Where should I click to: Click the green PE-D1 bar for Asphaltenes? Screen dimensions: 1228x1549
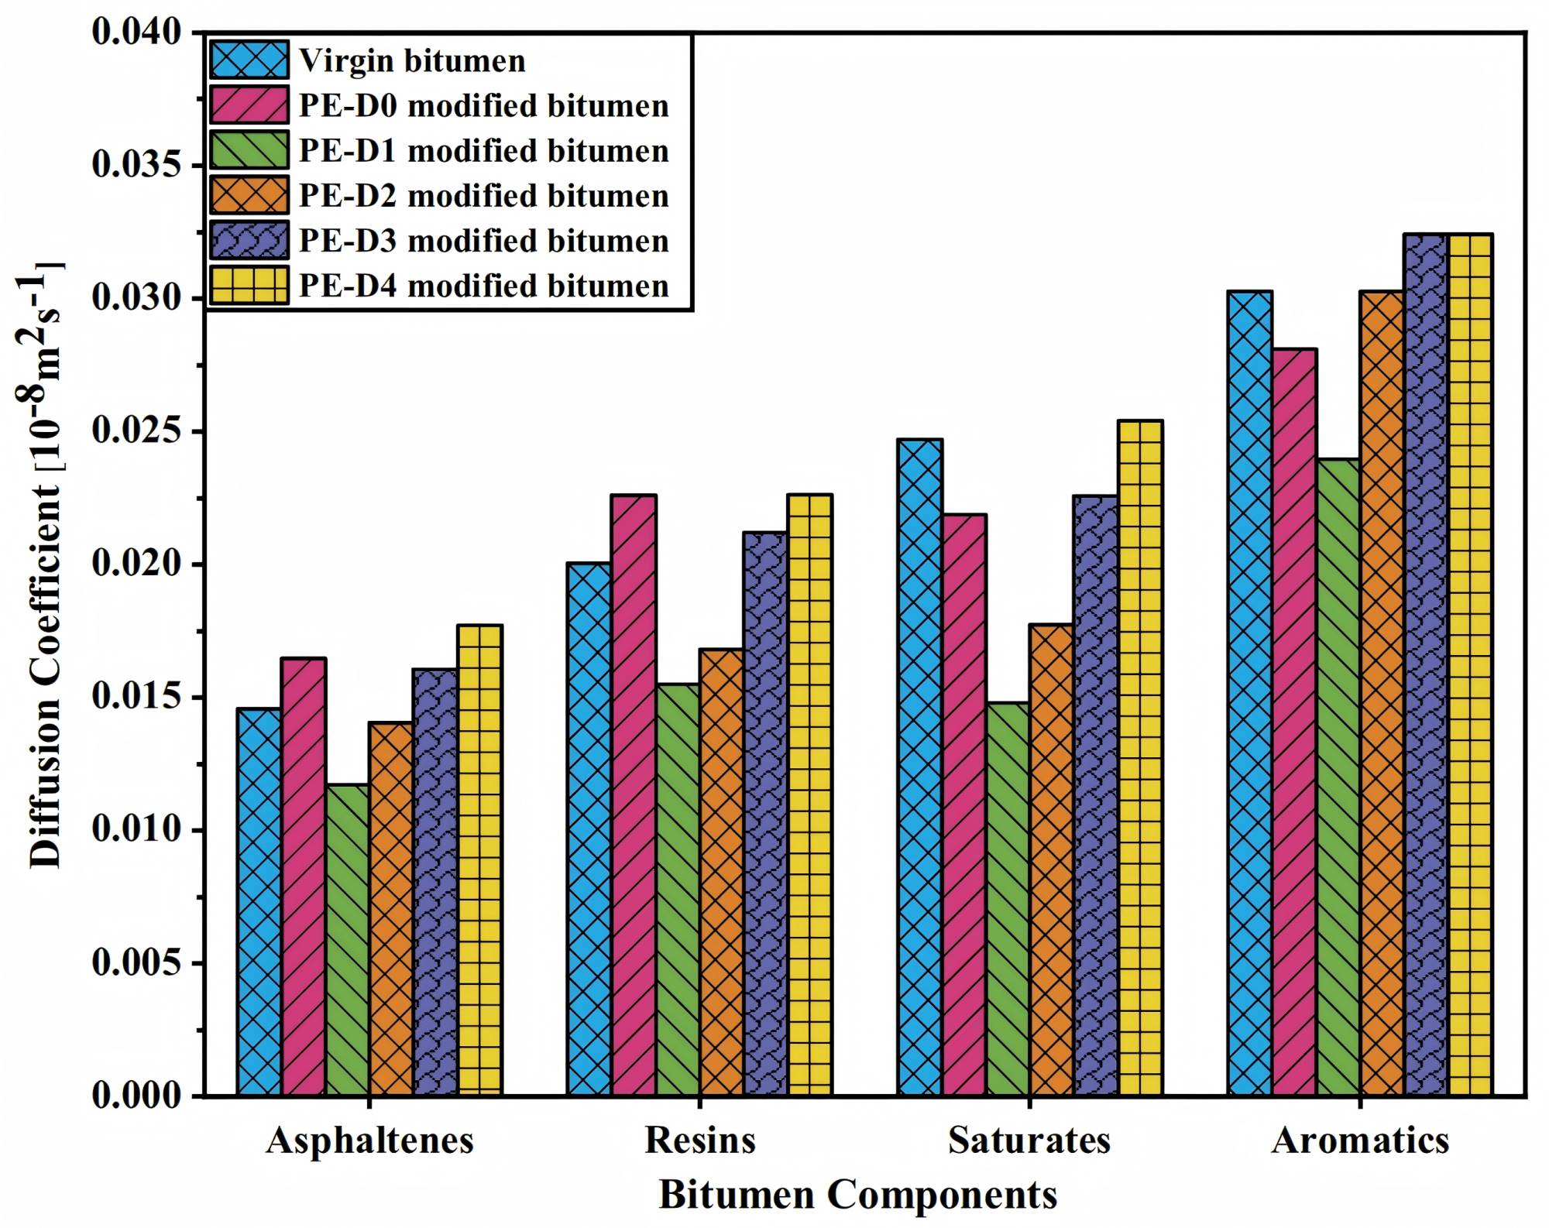point(348,940)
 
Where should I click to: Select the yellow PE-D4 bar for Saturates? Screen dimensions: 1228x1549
point(1140,758)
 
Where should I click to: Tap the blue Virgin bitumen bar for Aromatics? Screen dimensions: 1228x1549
point(1250,693)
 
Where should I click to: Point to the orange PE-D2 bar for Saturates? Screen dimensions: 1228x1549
point(1051,859)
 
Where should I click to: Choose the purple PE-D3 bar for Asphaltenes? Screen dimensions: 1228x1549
point(435,882)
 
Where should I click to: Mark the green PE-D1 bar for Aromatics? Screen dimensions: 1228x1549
point(1338,777)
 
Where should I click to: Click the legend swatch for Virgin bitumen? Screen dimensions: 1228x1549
point(249,60)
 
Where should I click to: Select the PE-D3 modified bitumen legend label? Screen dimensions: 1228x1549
point(484,241)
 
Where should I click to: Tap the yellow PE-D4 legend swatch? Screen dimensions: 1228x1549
point(249,286)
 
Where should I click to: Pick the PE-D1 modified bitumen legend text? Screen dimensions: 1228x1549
point(484,151)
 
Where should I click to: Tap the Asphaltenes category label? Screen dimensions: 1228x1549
point(369,1141)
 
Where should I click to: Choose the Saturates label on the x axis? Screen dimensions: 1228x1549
point(1029,1141)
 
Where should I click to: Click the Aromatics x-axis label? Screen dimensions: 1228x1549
point(1360,1141)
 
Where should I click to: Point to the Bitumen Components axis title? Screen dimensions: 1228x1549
point(858,1195)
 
